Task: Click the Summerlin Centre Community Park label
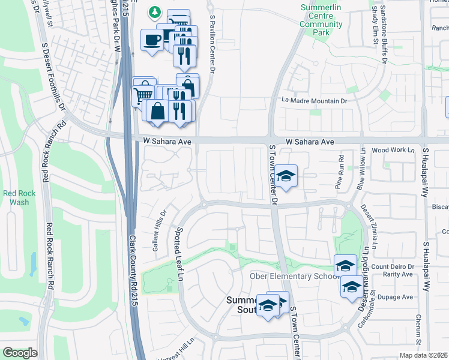click(321, 17)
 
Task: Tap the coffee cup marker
click(151, 41)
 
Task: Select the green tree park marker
click(155, 11)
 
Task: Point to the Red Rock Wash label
click(16, 197)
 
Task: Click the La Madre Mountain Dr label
click(315, 101)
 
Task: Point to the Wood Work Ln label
click(393, 150)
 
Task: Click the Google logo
click(20, 353)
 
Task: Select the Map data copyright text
click(423, 355)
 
